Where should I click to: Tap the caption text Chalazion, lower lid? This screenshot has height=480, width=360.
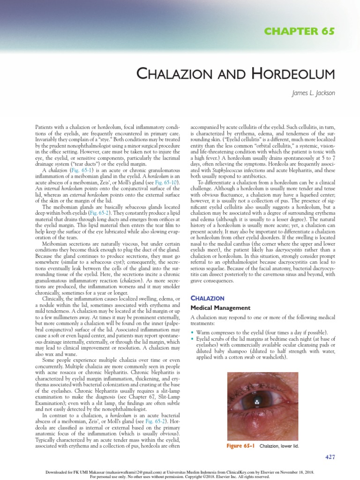pyautogui.click(x=280, y=446)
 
